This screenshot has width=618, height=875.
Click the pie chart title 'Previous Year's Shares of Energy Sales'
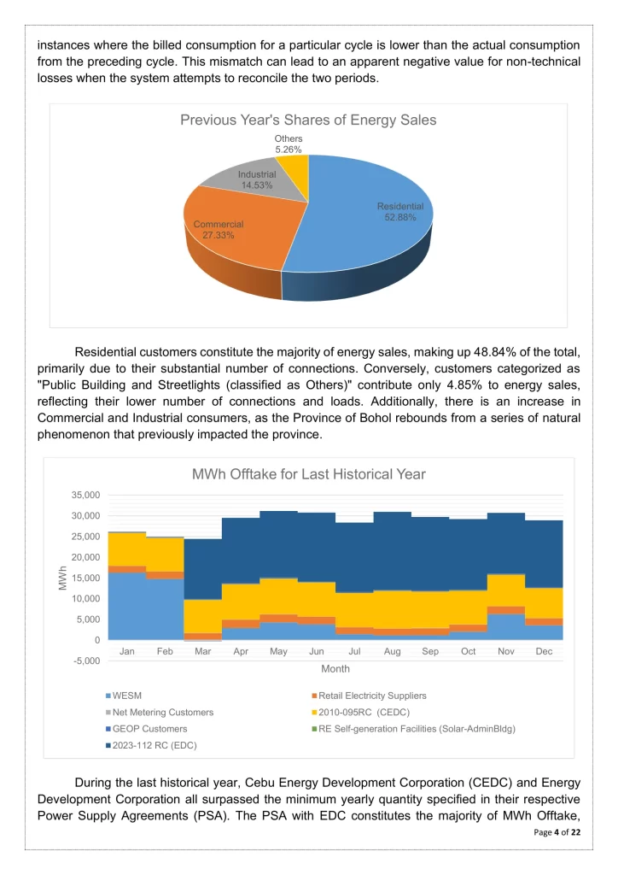pos(308,120)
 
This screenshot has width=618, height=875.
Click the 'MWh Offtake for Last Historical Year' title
pos(308,474)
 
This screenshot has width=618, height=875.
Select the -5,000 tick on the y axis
pos(84,661)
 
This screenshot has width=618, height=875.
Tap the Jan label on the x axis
pos(127,651)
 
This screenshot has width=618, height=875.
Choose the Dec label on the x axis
pos(544,651)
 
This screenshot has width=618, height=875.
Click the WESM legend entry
pos(128,696)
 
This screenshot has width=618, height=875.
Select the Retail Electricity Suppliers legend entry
pos(372,696)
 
